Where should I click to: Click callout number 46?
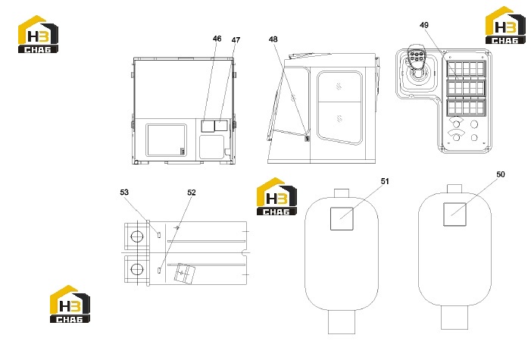[217, 39]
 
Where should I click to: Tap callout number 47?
[236, 40]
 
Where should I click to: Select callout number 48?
[273, 39]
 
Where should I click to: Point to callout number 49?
[424, 25]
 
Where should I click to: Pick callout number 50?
[501, 174]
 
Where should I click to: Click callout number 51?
[385, 181]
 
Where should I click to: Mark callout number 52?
[192, 193]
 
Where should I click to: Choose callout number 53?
[124, 193]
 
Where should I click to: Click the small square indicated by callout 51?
[342, 218]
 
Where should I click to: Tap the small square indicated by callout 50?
[454, 214]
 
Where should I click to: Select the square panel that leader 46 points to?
[208, 125]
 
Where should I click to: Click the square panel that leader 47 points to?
[221, 125]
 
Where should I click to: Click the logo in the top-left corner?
[38, 34]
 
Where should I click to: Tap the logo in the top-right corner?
[505, 25]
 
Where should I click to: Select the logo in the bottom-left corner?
[70, 304]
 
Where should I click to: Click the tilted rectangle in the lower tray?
[185, 274]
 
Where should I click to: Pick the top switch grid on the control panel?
[466, 69]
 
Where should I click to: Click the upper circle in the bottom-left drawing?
[137, 236]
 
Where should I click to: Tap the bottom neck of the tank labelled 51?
[342, 322]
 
